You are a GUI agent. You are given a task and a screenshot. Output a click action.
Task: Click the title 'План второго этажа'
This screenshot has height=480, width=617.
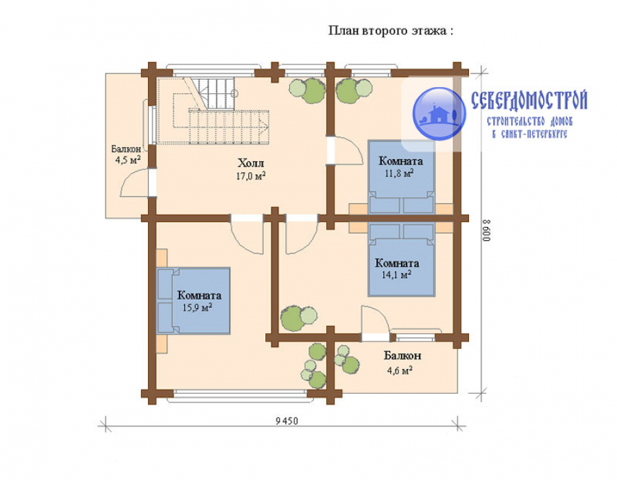pyautogui.click(x=387, y=31)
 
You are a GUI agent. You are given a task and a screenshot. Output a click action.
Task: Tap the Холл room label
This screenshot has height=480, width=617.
pyautogui.click(x=251, y=163)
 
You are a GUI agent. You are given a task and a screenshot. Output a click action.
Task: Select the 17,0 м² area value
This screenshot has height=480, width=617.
pyautogui.click(x=251, y=176)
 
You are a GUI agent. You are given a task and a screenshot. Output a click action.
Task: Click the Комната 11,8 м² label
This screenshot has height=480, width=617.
pyautogui.click(x=400, y=167)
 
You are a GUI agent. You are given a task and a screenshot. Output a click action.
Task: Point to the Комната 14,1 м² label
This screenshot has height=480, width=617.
pyautogui.click(x=397, y=268)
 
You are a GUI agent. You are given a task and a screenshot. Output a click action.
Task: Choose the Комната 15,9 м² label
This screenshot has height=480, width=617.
pyautogui.click(x=199, y=301)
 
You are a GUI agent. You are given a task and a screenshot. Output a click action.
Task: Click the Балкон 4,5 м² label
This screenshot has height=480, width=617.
pyautogui.click(x=126, y=154)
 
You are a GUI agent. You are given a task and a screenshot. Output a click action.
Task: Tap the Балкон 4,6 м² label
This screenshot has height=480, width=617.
pyautogui.click(x=402, y=362)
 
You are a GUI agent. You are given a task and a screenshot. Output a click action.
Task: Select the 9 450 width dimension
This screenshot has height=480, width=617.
pyautogui.click(x=287, y=421)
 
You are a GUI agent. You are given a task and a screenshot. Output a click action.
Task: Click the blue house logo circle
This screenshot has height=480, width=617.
pyautogui.click(x=439, y=114)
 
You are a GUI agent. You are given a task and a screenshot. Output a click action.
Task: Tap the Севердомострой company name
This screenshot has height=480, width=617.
pyautogui.click(x=529, y=100)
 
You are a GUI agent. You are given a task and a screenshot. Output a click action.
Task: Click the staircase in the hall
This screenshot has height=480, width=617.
pyautogui.click(x=213, y=111)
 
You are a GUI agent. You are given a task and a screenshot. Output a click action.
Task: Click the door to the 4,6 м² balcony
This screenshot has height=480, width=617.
pyautogui.click(x=376, y=323)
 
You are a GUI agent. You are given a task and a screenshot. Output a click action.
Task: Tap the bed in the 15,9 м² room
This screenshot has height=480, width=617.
pyautogui.click(x=193, y=301)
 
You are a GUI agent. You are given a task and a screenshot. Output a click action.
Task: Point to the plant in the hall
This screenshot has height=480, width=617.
pyautogui.click(x=307, y=90)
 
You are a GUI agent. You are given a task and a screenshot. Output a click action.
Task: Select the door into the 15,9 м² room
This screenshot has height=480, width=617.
pyautogui.click(x=247, y=234)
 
